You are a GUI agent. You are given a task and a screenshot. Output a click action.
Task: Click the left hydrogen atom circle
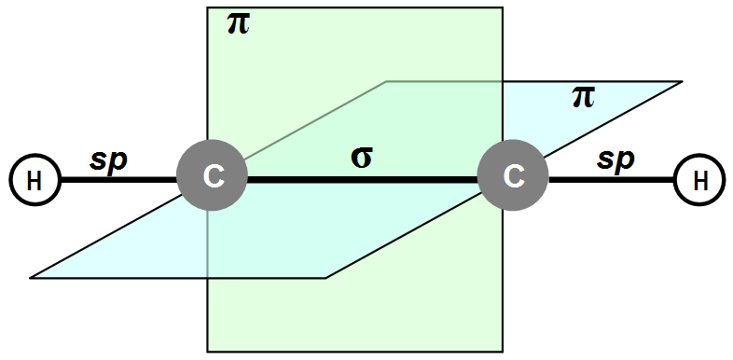[x=35, y=180]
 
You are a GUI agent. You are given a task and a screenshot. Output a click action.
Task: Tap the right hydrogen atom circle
[x=699, y=180]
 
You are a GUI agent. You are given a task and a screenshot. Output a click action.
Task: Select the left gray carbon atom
[x=212, y=175]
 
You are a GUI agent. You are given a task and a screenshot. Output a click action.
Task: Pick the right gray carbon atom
[x=513, y=175]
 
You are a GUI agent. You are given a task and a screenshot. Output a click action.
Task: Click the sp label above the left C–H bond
[x=108, y=161]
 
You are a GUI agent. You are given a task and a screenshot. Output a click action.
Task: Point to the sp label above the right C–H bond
[x=615, y=160]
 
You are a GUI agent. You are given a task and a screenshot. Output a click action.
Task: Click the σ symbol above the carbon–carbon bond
[x=361, y=159]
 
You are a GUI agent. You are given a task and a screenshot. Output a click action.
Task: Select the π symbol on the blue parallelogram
[x=584, y=98]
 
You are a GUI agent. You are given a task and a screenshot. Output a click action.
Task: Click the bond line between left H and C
[x=118, y=180]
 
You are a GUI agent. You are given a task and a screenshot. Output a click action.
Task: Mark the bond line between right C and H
[x=611, y=180]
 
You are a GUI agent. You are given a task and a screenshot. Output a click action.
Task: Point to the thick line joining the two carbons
[x=362, y=180]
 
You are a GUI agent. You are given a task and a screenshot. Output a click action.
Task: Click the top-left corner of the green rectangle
[x=208, y=7]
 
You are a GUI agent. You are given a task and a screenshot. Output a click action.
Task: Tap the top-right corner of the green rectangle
[x=503, y=7]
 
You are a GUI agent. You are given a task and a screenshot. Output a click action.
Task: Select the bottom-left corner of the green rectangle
[x=208, y=352]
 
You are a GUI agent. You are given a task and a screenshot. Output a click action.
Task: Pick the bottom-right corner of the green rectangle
[x=503, y=352]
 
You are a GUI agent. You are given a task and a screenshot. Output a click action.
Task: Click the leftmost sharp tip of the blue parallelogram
[x=31, y=278]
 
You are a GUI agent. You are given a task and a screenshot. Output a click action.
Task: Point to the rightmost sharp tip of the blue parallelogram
[x=681, y=81]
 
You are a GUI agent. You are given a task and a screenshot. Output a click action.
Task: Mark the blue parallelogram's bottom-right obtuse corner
[x=325, y=278]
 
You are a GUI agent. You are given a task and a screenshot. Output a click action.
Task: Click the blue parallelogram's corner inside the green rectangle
[x=386, y=81]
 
